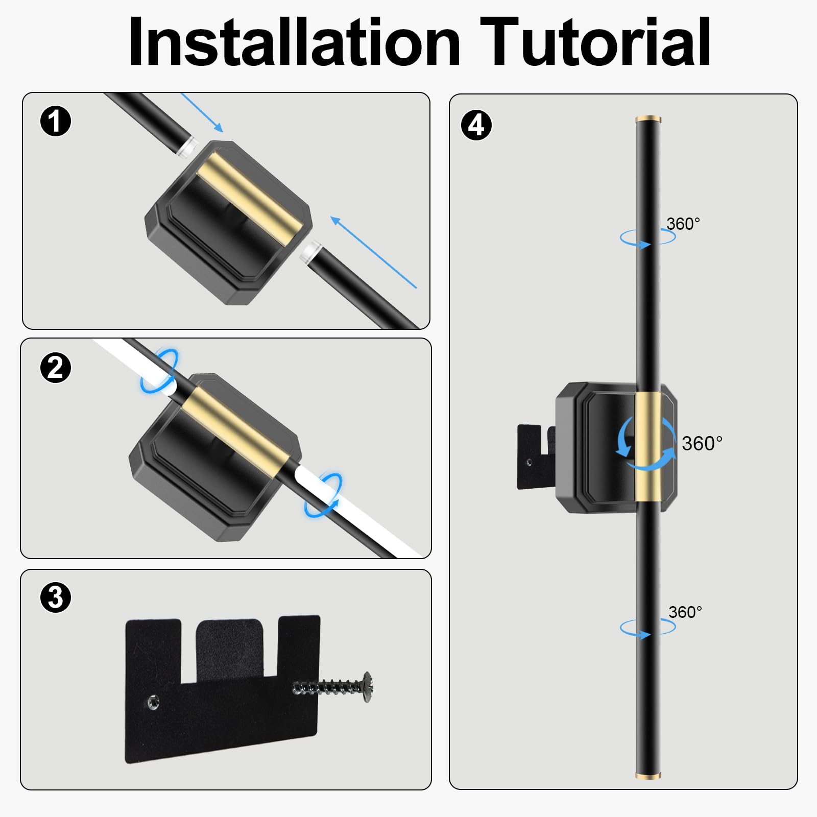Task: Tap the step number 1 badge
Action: coord(56,121)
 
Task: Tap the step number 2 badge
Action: coord(56,368)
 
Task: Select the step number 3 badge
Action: coord(56,597)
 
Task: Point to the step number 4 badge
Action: coord(476,125)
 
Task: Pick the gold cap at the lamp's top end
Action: coord(648,119)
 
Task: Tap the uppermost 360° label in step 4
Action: coord(683,224)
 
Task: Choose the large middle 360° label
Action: coord(702,443)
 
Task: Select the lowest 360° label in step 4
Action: coord(685,612)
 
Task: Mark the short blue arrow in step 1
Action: coord(202,113)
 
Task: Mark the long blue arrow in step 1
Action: coord(373,252)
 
